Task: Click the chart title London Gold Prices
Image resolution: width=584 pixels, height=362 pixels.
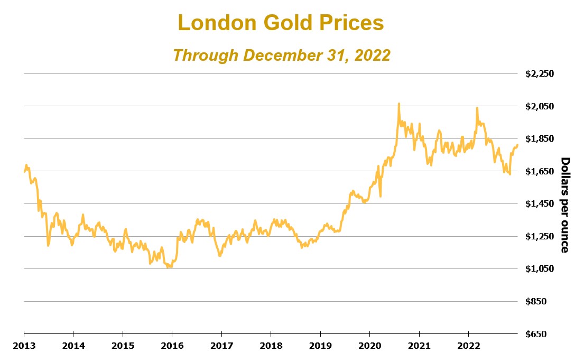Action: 281,23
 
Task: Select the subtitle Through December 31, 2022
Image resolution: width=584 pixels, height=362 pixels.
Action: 281,55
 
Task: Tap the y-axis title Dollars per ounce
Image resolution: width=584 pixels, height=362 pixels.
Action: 564,205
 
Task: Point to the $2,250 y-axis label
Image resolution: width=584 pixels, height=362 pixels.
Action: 539,74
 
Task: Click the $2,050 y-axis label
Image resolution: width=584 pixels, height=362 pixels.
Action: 539,107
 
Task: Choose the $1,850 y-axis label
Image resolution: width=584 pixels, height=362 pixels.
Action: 539,139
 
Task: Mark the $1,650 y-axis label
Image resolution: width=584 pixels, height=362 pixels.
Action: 539,172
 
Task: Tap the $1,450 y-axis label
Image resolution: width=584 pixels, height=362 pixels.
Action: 539,204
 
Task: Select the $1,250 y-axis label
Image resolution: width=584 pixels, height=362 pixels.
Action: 539,237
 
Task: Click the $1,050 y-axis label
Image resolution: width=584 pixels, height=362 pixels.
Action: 539,269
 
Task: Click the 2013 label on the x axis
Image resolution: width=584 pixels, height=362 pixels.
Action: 24,346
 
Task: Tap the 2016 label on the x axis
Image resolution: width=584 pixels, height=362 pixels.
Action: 172,346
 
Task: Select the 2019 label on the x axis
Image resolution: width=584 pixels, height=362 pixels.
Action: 320,346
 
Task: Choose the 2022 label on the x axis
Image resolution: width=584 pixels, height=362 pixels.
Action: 468,346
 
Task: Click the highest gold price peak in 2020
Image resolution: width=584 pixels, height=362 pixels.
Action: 399,104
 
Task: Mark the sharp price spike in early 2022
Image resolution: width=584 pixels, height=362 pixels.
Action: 477,108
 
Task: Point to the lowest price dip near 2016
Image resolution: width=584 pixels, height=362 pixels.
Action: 168,267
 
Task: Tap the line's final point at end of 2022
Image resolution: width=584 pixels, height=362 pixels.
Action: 517,145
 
